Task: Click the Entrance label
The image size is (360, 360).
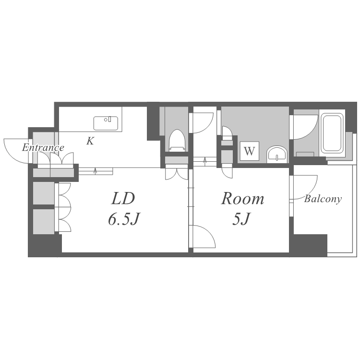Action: pyautogui.click(x=43, y=148)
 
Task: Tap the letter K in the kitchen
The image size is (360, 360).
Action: pyautogui.click(x=90, y=141)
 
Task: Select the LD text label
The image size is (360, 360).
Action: pyautogui.click(x=122, y=199)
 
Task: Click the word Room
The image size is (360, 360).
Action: pyautogui.click(x=242, y=199)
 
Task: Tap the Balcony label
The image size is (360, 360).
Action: pyautogui.click(x=323, y=199)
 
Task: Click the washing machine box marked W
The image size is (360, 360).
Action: pyautogui.click(x=250, y=151)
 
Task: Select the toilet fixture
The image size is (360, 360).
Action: pyautogui.click(x=177, y=140)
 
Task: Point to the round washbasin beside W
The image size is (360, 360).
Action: pyautogui.click(x=277, y=154)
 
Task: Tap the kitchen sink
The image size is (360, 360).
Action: pyautogui.click(x=106, y=123)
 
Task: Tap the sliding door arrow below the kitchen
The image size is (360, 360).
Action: pyautogui.click(x=96, y=171)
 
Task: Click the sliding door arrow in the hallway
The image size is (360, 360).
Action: pyautogui.click(x=205, y=161)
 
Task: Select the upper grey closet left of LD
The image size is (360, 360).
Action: pyautogui.click(x=44, y=193)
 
